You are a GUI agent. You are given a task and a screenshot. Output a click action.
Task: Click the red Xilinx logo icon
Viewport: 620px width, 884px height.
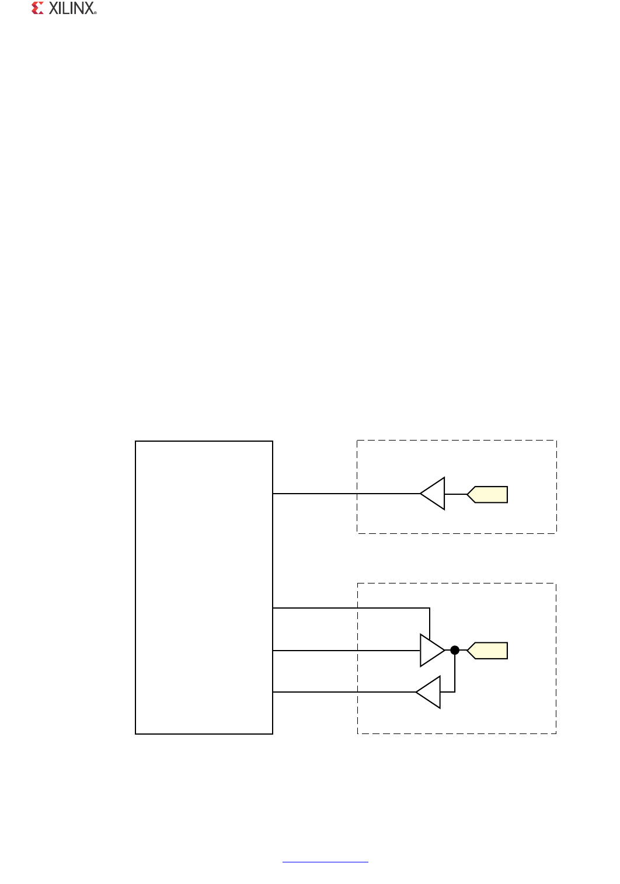tap(38, 8)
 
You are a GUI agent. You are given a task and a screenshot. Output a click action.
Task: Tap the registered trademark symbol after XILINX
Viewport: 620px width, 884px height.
tap(95, 12)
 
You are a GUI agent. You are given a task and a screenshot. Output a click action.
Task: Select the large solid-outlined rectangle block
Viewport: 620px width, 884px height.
tap(204, 587)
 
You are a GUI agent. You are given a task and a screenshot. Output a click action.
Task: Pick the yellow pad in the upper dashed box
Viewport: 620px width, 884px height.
tap(488, 494)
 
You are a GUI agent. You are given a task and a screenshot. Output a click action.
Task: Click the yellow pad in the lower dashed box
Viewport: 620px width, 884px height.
tap(488, 650)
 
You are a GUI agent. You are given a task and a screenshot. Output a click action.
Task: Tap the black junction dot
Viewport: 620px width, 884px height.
tap(455, 650)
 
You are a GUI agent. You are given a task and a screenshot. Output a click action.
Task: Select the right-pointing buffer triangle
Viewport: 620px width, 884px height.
tap(431, 650)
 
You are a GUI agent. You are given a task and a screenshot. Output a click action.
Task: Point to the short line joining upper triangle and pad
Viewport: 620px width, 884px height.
tap(456, 494)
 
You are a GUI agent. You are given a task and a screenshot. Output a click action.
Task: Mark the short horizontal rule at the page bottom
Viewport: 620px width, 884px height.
tap(325, 861)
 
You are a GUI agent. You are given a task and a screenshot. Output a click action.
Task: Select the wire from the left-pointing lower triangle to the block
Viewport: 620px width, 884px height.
tap(344, 692)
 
